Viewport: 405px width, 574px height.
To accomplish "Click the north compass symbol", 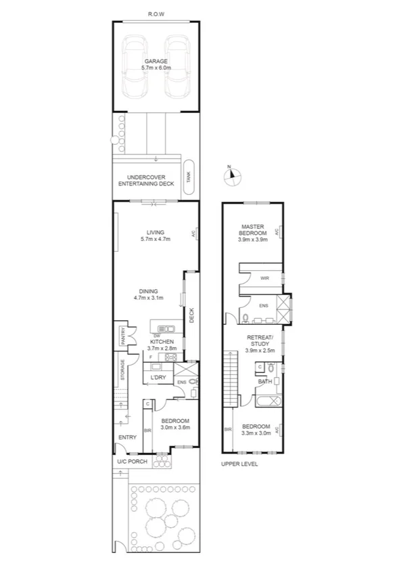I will tap(232, 175).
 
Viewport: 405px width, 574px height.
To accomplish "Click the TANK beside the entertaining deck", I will tap(189, 177).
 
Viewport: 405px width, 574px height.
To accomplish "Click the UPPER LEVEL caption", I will tap(239, 464).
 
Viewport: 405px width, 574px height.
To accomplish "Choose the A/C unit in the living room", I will tap(194, 234).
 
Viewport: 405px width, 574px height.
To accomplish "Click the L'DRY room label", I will tap(158, 377).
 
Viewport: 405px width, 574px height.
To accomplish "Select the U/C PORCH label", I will tap(132, 462).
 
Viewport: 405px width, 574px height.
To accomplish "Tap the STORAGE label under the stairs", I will tap(122, 371).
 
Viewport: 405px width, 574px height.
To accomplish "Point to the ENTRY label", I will tap(127, 438).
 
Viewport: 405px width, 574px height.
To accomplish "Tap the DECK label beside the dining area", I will tap(191, 315).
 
